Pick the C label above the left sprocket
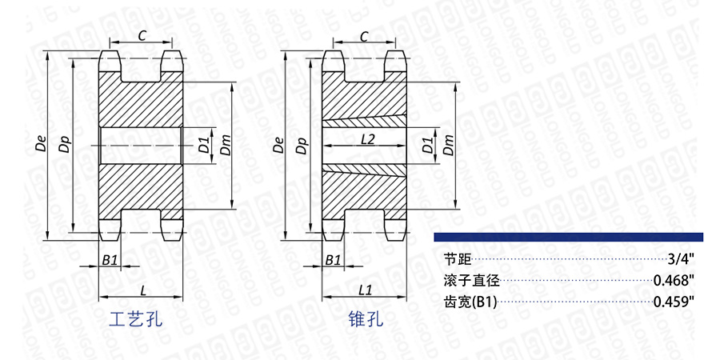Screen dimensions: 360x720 (x=142, y=35)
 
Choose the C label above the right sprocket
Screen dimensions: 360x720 (x=365, y=35)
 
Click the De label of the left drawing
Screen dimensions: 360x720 (x=39, y=146)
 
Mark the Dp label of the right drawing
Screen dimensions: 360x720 (x=301, y=146)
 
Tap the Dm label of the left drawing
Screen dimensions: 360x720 (x=226, y=146)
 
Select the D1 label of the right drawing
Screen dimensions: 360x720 (x=427, y=146)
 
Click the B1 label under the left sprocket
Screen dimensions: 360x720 (x=110, y=261)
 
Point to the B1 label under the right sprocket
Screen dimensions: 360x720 (x=333, y=261)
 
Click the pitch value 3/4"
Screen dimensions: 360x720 (x=679, y=259)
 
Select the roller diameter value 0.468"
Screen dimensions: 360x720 (x=673, y=281)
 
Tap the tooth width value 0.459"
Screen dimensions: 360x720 (x=673, y=302)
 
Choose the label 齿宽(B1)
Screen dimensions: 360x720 (x=470, y=302)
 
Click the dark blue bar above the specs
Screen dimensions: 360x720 (x=568, y=237)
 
